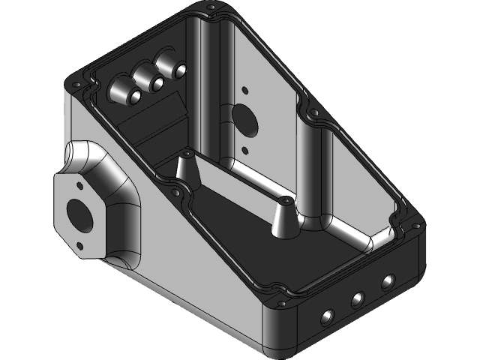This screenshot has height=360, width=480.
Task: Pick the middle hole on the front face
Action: click(357, 300)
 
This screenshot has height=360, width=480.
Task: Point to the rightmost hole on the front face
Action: click(387, 283)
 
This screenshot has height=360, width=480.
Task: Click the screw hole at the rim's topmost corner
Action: click(211, 8)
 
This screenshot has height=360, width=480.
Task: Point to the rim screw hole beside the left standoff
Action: click(175, 193)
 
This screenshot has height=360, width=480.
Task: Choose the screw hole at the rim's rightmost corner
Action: click(412, 222)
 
